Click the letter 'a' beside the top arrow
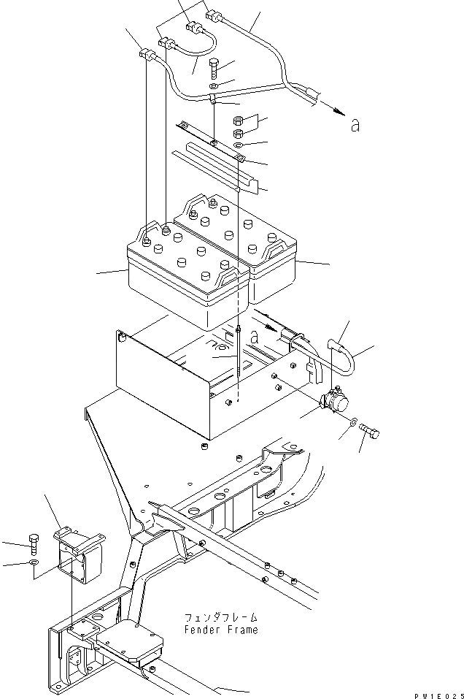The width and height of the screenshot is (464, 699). (355, 126)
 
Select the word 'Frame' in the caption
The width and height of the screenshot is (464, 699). (241, 630)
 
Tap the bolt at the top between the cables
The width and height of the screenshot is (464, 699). (212, 69)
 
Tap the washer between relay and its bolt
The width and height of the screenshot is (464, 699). (352, 423)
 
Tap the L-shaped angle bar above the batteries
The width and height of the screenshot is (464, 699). (219, 167)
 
